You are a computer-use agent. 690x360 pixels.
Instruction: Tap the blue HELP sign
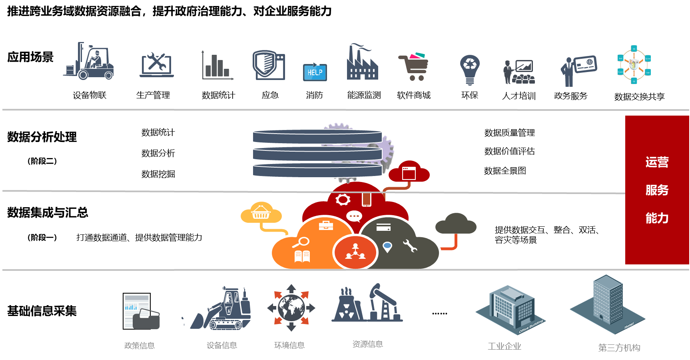pyautogui.click(x=315, y=72)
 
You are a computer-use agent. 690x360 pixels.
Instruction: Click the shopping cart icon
pyautogui.click(x=414, y=66)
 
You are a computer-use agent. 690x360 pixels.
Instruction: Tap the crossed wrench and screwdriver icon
pyautogui.click(x=157, y=64)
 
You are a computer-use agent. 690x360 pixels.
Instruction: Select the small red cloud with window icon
pyautogui.click(x=409, y=172)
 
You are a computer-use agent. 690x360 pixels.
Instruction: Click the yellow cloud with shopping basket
pyautogui.click(x=261, y=212)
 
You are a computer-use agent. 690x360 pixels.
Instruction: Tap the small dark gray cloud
pyautogui.click(x=456, y=224)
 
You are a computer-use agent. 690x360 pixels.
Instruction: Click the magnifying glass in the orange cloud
pyautogui.click(x=301, y=242)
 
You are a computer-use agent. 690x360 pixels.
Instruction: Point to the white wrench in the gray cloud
pyautogui.click(x=410, y=245)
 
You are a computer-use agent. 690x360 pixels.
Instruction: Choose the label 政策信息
pyautogui.click(x=140, y=346)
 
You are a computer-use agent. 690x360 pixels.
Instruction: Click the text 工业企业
pyautogui.click(x=505, y=346)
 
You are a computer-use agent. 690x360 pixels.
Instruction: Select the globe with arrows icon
pyautogui.click(x=291, y=308)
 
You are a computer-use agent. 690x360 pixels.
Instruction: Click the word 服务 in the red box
pyautogui.click(x=657, y=190)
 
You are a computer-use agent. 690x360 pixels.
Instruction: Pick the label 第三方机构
pyautogui.click(x=619, y=348)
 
